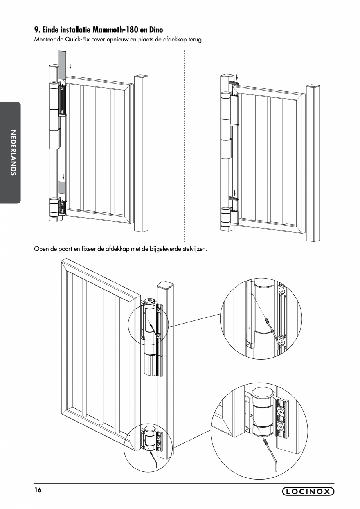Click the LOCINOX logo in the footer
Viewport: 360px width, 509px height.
pyautogui.click(x=308, y=491)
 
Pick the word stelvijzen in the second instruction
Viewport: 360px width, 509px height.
pyautogui.click(x=193, y=249)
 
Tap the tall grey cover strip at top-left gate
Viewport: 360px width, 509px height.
pyautogui.click(x=63, y=65)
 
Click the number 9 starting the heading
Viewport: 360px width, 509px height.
pyautogui.click(x=36, y=30)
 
